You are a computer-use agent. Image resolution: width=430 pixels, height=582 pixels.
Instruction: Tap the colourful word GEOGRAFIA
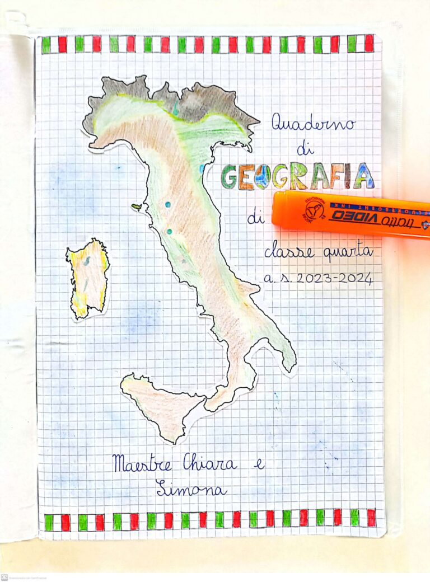tap(297, 176)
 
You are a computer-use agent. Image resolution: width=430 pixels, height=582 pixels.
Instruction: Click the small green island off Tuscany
tap(136, 207)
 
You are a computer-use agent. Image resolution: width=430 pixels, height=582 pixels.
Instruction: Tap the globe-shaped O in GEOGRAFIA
tap(261, 177)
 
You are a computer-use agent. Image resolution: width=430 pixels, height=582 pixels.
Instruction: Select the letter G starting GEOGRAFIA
tap(230, 177)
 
